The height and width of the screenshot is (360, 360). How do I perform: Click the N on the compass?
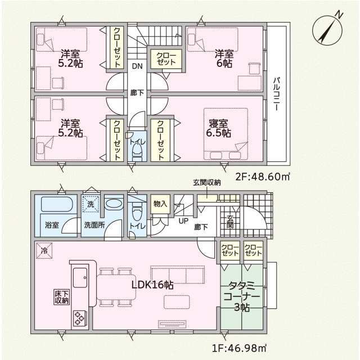pos(339,15)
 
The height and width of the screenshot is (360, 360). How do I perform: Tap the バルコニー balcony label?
pos(277,94)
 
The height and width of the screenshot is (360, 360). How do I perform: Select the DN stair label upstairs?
pos(137,66)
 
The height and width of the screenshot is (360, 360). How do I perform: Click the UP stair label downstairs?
pos(183,221)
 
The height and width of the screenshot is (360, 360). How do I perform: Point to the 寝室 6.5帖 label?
pos(218,128)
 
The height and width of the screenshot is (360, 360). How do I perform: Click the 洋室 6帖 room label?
pos(224,58)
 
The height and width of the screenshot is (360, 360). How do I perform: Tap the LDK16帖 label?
pos(152,285)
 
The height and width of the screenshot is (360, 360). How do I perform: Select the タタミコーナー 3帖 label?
pos(242,296)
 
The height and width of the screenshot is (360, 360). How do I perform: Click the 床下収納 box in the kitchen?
pos(61,297)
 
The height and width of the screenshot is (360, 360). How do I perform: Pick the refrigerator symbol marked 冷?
pos(44,250)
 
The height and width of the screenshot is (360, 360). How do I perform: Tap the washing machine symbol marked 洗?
pos(91,204)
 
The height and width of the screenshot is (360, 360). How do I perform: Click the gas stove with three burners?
pos(79,318)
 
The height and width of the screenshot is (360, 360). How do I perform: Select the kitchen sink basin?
pos(80,277)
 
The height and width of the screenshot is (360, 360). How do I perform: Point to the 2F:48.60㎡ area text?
pos(262,177)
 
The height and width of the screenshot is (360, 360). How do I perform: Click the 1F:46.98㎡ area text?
pos(239,348)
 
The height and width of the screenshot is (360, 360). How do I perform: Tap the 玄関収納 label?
pos(206,182)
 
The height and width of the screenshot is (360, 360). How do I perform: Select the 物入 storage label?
pos(160,204)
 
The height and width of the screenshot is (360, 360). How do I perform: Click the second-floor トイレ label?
pos(137,142)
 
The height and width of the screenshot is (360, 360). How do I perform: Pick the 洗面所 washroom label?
pos(94,225)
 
